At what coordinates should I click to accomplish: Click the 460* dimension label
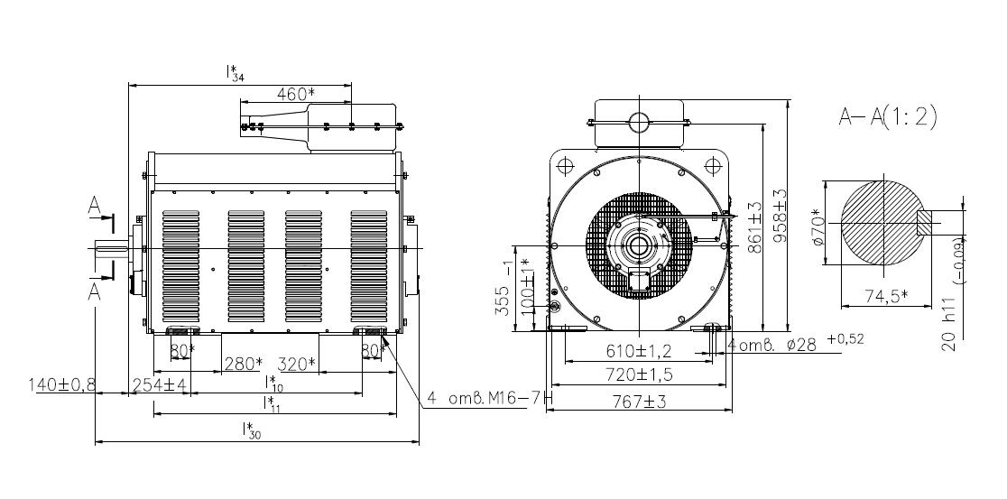point(295,94)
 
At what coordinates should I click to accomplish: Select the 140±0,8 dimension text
point(61,384)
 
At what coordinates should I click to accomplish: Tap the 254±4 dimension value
point(160,384)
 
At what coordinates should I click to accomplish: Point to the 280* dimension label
point(244,365)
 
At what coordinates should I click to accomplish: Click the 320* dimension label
point(298,365)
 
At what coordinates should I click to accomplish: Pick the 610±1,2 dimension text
point(638,351)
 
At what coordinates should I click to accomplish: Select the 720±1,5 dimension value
point(638,374)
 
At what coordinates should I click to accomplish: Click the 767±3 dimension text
point(639,402)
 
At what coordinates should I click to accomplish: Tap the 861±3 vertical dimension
point(754,226)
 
